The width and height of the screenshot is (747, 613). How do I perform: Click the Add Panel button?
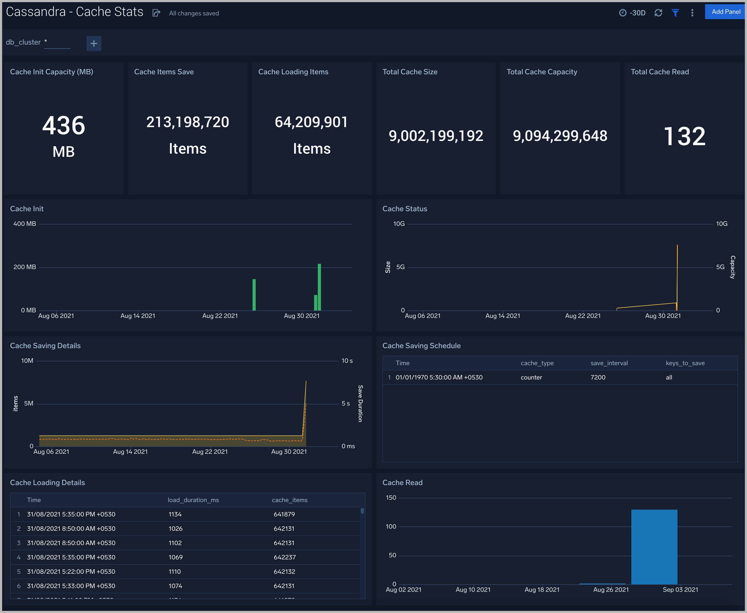pos(726,12)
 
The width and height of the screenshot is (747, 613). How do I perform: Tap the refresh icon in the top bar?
pos(658,13)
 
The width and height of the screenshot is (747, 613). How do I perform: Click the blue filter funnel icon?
pos(675,13)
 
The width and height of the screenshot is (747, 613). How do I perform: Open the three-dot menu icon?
pos(692,13)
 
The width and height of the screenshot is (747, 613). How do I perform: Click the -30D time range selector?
pos(633,13)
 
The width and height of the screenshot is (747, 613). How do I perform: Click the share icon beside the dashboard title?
pos(156,13)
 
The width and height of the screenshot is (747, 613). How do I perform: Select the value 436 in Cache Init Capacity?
pos(64,126)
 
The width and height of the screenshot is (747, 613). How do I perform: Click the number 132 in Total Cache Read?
pos(684,136)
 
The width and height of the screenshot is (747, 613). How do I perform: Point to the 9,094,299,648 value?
pos(560,136)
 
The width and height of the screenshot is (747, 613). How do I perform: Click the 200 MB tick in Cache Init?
pos(25,267)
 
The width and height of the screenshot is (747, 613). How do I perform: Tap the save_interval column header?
pos(609,363)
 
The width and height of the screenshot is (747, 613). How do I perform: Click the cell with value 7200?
pos(598,377)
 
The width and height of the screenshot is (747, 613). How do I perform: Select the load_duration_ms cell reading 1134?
pos(175,514)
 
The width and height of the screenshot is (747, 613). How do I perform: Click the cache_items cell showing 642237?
pos(285,557)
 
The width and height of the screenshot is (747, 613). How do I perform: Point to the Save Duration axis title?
pos(360,403)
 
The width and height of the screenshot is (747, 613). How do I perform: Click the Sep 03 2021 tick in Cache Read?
pos(680,589)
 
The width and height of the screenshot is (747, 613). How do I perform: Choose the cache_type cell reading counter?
pos(531,377)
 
